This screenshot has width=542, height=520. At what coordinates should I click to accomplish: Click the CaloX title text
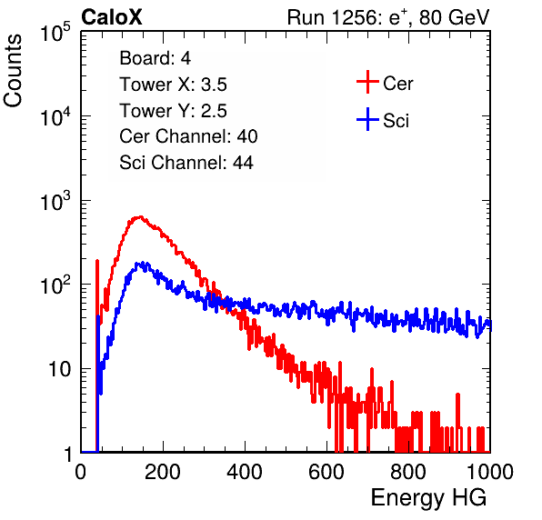[112, 17]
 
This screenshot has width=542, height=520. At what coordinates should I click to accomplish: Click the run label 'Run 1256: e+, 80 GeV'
[388, 17]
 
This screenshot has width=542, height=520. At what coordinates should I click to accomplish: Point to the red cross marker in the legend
[367, 82]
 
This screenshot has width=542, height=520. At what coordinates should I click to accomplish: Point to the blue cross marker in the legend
[367, 119]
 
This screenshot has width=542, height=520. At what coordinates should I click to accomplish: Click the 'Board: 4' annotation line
[155, 58]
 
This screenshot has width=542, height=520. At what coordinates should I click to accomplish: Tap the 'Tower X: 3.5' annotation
[173, 85]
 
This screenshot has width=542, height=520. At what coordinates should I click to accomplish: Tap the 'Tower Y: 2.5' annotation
[173, 111]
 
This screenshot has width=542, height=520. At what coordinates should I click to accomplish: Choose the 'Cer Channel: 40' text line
[188, 136]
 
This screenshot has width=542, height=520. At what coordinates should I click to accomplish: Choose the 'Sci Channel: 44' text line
[186, 163]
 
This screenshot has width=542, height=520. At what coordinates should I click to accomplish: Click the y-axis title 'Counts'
[13, 71]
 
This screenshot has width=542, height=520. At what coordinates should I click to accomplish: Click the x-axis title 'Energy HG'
[428, 498]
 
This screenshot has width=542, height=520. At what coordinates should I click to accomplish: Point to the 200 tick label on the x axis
[163, 472]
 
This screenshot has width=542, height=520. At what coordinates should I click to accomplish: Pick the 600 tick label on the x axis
[326, 472]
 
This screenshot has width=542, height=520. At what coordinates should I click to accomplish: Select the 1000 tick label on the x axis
[490, 472]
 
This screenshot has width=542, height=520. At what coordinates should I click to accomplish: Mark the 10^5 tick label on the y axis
[55, 33]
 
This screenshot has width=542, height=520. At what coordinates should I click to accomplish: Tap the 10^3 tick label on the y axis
[55, 201]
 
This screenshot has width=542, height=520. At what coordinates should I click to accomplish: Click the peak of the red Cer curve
[140, 217]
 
